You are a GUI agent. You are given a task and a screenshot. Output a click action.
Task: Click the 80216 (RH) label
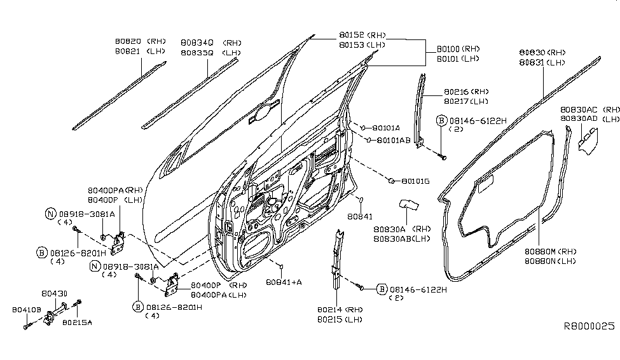[x=466, y=92]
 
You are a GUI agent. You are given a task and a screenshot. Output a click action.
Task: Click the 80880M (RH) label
[x=550, y=251]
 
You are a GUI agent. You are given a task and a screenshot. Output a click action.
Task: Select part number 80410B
[x=25, y=310]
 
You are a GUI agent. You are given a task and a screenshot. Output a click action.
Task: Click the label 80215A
[x=77, y=322]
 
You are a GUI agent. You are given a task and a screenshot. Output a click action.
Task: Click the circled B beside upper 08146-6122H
[x=441, y=120]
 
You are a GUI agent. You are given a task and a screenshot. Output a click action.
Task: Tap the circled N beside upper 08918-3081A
[x=50, y=214]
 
